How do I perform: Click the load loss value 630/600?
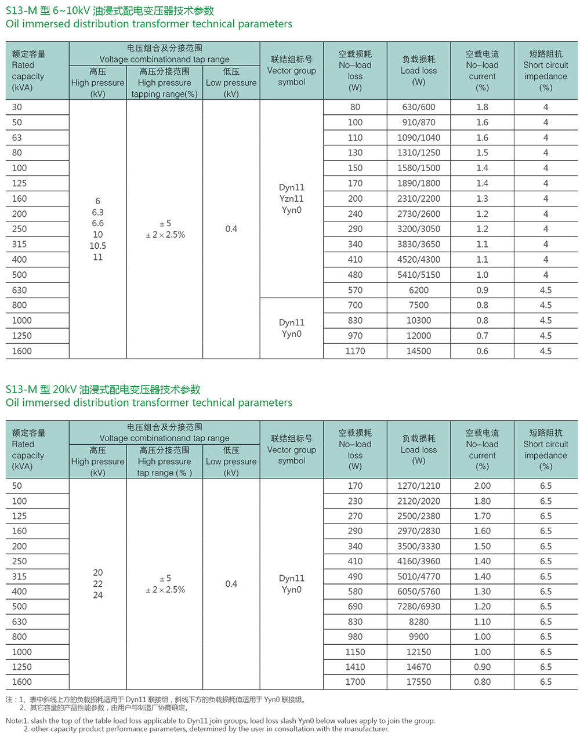(418, 107)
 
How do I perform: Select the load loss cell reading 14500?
(418, 351)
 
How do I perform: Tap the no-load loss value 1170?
(355, 351)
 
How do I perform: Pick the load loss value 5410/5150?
(418, 275)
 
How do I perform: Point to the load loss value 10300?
(418, 321)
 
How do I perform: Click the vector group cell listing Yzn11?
(291, 199)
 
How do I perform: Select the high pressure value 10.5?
(97, 246)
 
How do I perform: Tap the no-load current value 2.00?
(482, 486)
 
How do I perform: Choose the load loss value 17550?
(418, 682)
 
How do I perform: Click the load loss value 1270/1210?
(418, 486)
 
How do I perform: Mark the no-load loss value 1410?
(355, 667)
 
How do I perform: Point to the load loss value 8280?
(418, 622)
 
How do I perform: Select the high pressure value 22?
(97, 584)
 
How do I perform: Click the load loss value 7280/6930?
(418, 607)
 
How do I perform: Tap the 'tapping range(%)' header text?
(164, 94)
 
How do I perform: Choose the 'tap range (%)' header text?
(164, 473)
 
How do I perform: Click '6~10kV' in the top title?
(71, 11)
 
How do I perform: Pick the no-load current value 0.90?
(482, 667)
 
